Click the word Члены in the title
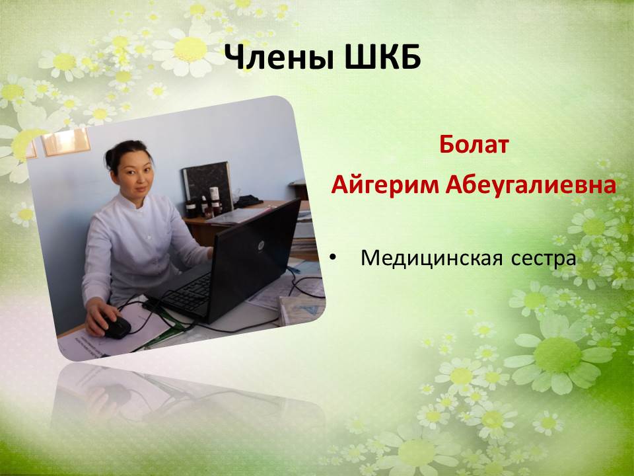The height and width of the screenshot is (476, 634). [279, 57]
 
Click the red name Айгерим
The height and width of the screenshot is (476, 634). [385, 186]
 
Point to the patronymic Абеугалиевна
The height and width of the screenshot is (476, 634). [531, 185]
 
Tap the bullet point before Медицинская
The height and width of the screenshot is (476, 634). [333, 258]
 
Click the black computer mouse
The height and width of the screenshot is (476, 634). [116, 326]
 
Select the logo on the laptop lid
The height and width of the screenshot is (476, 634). [260, 245]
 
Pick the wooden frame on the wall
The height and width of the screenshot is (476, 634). [66, 142]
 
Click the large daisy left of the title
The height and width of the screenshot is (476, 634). [190, 50]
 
